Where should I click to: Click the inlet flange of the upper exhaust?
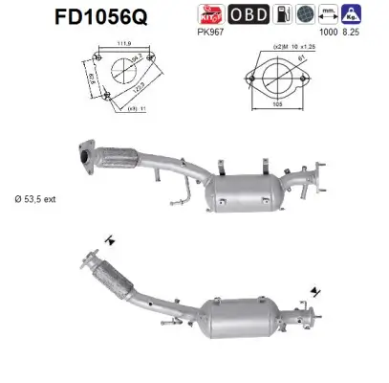[x=84, y=156]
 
